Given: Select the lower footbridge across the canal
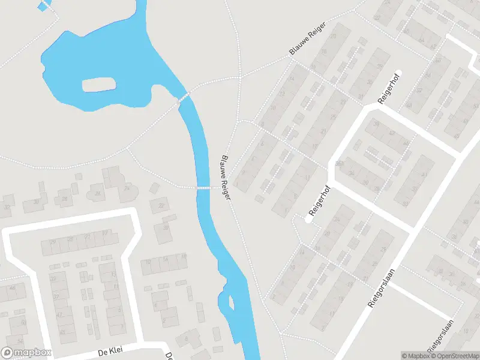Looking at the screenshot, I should click(x=204, y=188).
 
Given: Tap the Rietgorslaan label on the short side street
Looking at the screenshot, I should click(x=441, y=336).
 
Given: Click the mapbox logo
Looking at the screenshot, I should click(x=26, y=353).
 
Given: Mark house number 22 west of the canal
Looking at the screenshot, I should click(x=161, y=206).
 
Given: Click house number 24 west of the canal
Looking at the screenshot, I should click(x=127, y=188).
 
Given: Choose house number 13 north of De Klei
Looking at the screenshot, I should click(x=114, y=275).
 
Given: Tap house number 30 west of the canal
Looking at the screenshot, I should click(x=37, y=202).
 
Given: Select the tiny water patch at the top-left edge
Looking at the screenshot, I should click(x=42, y=6).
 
